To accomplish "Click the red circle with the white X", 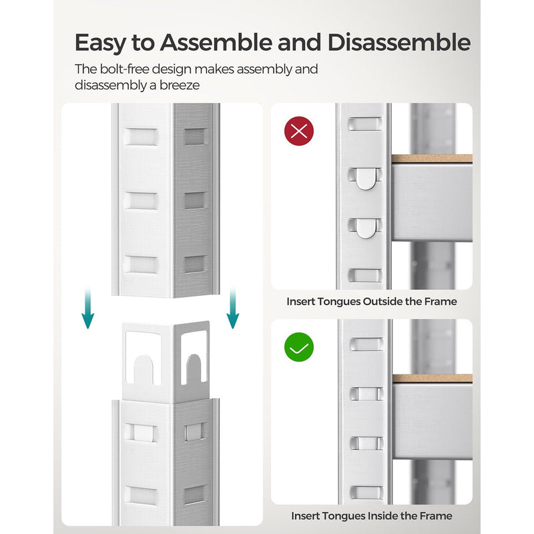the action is click(x=299, y=131).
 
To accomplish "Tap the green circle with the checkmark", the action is click(x=299, y=347).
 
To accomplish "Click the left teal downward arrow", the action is click(x=88, y=308).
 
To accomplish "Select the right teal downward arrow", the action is click(x=233, y=308).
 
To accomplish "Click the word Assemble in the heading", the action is click(x=216, y=43).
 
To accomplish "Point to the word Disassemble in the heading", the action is click(x=399, y=43).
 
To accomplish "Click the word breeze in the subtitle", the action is click(x=180, y=85).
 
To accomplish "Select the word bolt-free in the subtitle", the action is click(x=124, y=69).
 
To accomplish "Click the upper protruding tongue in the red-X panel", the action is click(x=365, y=178).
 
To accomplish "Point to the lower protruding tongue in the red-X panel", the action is click(x=365, y=228).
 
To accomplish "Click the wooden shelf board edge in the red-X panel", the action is click(x=432, y=158).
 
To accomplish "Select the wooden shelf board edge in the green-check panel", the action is click(x=433, y=378).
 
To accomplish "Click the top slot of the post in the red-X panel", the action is click(x=364, y=124).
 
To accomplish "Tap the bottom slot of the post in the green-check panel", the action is click(x=366, y=493).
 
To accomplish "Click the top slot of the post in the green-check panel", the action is click(x=366, y=344).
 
